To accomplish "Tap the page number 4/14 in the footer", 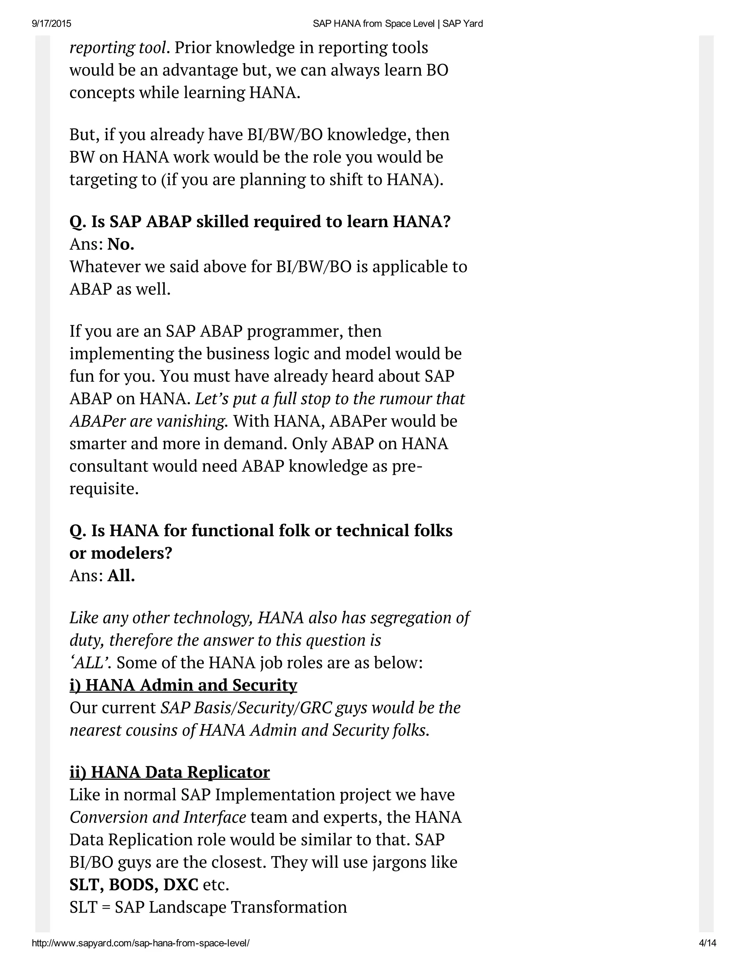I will tap(707, 943).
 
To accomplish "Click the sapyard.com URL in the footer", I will tap(141, 943).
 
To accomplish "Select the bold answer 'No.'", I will tap(121, 244).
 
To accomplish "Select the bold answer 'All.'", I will tap(121, 575).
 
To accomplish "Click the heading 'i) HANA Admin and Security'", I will tap(183, 685).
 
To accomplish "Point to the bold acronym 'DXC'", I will tap(180, 885).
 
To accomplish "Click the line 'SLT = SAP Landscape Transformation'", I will tap(208, 907).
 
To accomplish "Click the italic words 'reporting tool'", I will tap(118, 48).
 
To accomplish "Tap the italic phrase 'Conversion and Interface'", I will tap(157, 817).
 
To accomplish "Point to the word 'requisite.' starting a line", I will tap(104, 489).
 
